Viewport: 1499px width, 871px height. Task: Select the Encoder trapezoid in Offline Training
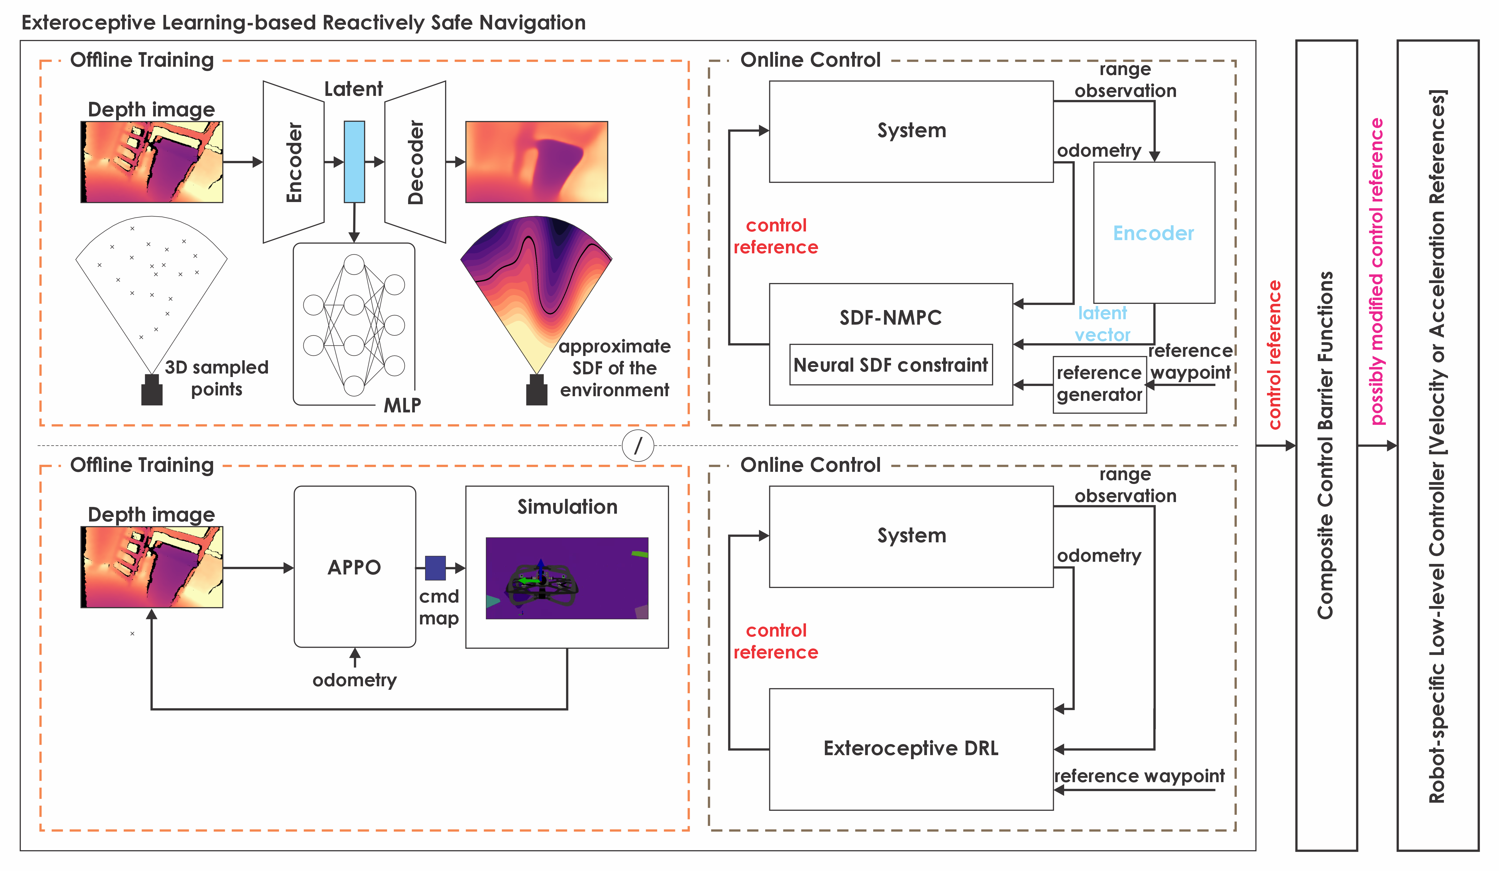point(294,162)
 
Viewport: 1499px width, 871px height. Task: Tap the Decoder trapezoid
point(415,162)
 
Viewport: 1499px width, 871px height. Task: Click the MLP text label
point(402,405)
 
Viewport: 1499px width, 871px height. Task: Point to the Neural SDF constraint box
point(890,365)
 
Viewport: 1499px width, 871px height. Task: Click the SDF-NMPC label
point(890,318)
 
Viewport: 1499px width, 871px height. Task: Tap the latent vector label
point(1102,324)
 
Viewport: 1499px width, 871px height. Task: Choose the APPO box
point(355,567)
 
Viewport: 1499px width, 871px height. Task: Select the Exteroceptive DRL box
point(911,748)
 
